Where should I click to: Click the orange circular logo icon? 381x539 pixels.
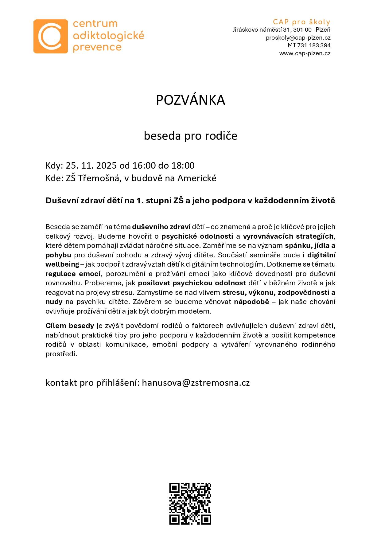pyautogui.click(x=50, y=36)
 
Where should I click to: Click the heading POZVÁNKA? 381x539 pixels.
pyautogui.click(x=190, y=100)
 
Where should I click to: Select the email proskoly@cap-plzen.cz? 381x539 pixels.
pyautogui.click(x=298, y=38)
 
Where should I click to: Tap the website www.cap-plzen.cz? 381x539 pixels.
pyautogui.click(x=305, y=53)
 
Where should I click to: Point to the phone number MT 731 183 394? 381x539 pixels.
pyautogui.click(x=309, y=45)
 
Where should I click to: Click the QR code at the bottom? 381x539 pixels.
pyautogui.click(x=190, y=503)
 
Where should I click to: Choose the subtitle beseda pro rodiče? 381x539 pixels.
pyautogui.click(x=190, y=136)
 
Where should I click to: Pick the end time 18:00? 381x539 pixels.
pyautogui.click(x=183, y=166)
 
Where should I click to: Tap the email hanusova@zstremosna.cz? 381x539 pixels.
pyautogui.click(x=196, y=383)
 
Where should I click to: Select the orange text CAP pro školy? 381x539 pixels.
pyautogui.click(x=301, y=22)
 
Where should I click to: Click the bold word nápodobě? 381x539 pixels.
pyautogui.click(x=251, y=302)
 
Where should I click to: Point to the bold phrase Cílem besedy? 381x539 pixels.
pyautogui.click(x=70, y=326)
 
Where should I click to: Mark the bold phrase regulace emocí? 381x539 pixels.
pyautogui.click(x=73, y=274)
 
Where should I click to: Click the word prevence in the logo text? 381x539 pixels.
pyautogui.click(x=97, y=47)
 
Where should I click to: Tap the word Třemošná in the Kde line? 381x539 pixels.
pyautogui.click(x=98, y=178)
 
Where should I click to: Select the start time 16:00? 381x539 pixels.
pyautogui.click(x=144, y=166)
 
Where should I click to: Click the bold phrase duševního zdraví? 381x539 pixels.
pyautogui.click(x=161, y=227)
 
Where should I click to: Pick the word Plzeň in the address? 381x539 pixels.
pyautogui.click(x=323, y=30)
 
